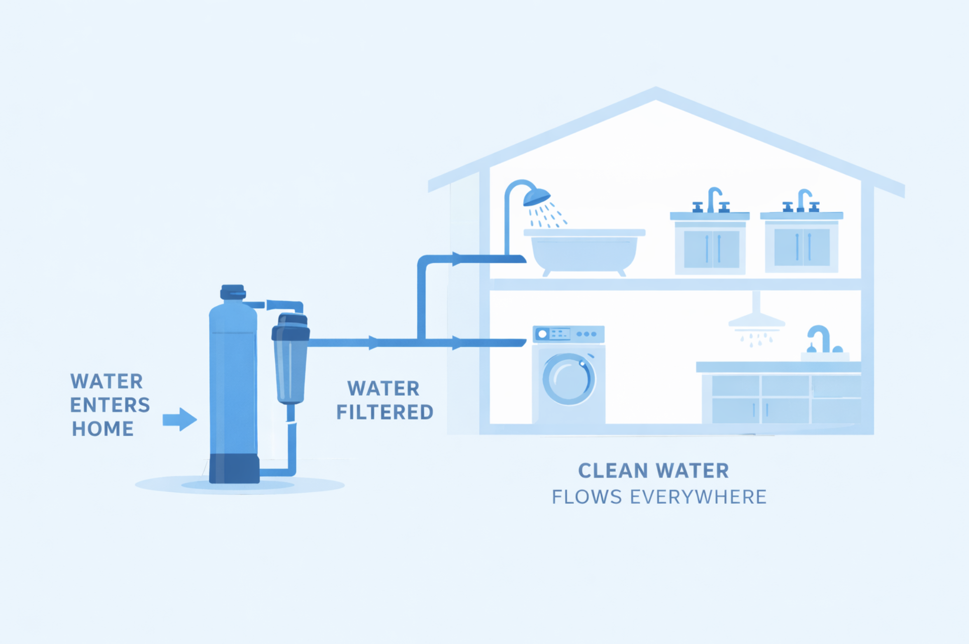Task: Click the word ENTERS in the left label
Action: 110,405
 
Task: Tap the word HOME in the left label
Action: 103,429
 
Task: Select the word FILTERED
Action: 384,412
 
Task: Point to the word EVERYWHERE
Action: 698,497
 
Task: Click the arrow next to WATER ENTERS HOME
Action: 179,419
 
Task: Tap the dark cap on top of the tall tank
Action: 233,292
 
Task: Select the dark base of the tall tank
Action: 234,468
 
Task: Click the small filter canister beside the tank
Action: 290,359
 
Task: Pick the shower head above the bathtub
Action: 536,196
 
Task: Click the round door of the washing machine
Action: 568,378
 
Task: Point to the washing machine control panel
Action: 568,334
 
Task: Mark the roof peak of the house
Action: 655,93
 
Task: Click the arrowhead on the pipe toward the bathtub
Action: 456,259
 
